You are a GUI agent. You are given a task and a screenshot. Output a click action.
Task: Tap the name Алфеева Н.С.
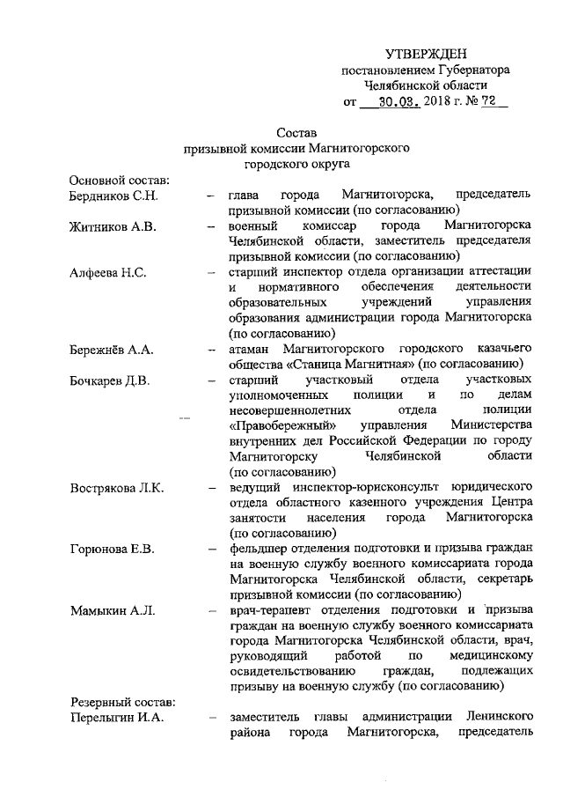click(107, 272)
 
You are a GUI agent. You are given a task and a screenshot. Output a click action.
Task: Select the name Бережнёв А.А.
click(111, 350)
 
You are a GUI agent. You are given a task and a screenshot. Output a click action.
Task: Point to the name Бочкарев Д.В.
click(112, 380)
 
